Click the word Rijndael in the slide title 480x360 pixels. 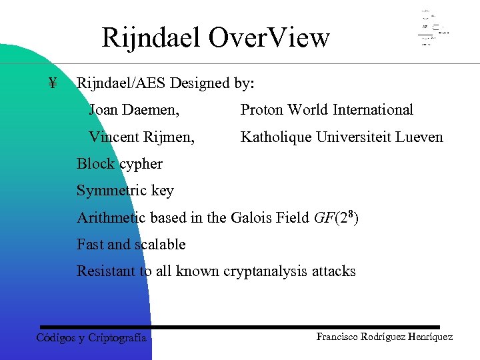click(151, 38)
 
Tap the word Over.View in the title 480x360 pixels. click(269, 38)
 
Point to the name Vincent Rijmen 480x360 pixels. click(142, 137)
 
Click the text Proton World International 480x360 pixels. click(327, 110)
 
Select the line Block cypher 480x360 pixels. click(119, 164)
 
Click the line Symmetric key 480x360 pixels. click(125, 191)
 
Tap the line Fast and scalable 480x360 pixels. click(131, 245)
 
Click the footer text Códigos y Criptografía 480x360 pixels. click(91, 337)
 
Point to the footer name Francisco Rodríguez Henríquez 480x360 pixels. click(385, 337)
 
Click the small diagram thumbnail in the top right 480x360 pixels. click(433, 29)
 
